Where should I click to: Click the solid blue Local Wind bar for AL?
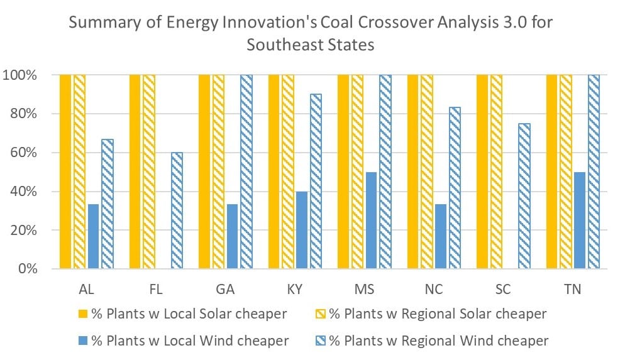tap(94, 236)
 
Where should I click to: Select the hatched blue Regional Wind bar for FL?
tap(177, 210)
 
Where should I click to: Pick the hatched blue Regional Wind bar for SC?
tap(524, 196)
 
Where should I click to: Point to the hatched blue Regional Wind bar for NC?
tap(455, 188)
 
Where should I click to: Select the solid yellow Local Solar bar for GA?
tap(204, 172)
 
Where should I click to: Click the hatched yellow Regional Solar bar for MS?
tap(357, 172)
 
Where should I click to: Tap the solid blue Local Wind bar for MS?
tap(371, 221)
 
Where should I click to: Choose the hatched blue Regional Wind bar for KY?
tap(316, 182)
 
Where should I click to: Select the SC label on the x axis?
tap(503, 289)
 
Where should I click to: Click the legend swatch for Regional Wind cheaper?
tap(321, 341)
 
